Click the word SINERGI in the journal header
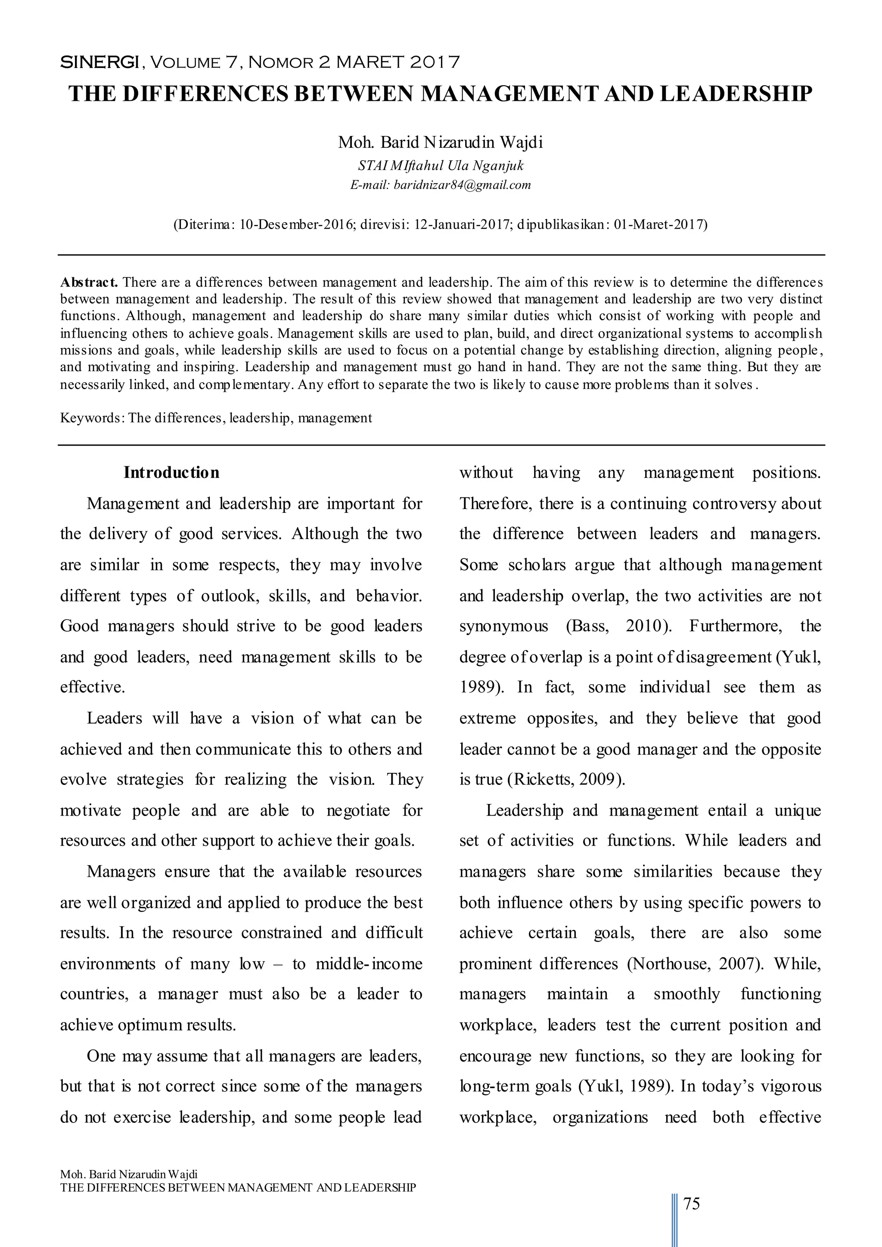(99, 62)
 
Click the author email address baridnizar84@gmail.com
(462, 185)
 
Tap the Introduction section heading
(172, 472)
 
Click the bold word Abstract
(89, 282)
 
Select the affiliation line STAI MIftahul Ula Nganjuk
(441, 166)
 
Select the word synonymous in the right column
(504, 626)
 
